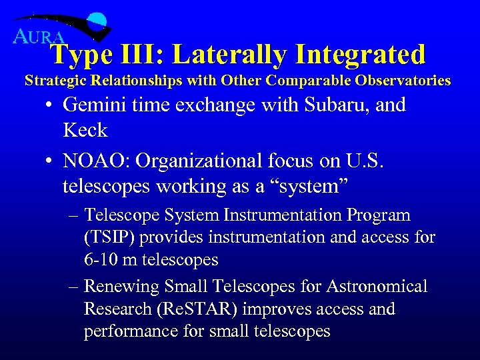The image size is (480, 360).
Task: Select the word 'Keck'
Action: point(85,130)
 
